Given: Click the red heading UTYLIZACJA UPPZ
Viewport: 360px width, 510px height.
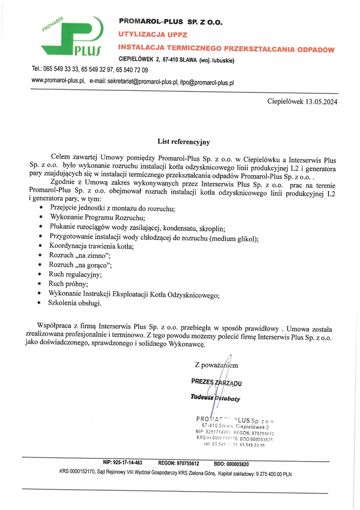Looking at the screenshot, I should (153, 35).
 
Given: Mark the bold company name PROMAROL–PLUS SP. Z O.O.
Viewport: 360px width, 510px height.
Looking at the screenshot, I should (170, 22).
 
